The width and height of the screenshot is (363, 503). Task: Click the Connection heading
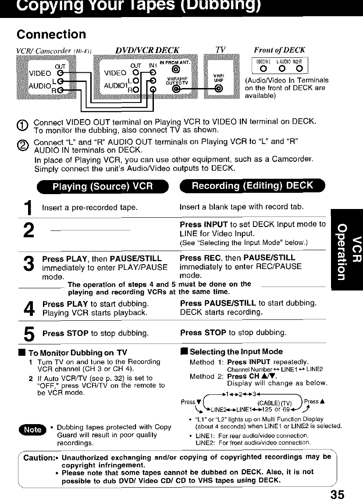coord(51,34)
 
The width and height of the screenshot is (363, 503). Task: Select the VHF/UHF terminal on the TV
coord(217,89)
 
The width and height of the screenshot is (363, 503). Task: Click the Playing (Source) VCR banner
coord(102,186)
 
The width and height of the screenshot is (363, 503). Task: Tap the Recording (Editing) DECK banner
coord(253,185)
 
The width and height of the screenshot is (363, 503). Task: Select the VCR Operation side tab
coord(347,249)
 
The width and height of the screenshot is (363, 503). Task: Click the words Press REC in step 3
coord(196,258)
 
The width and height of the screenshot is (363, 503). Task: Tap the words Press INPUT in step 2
coord(200,224)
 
